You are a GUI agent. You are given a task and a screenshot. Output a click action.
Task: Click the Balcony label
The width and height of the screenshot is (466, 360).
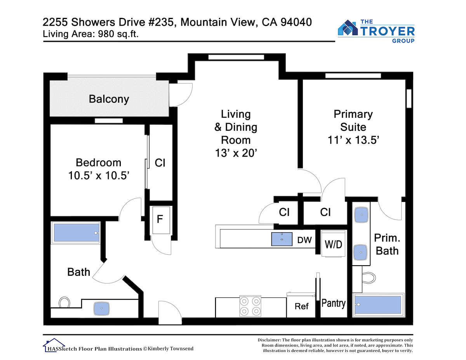coord(109,99)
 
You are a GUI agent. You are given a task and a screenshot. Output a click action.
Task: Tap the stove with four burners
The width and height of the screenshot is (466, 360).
coord(250,306)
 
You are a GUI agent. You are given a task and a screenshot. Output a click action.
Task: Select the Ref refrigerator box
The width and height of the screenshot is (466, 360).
coord(301,306)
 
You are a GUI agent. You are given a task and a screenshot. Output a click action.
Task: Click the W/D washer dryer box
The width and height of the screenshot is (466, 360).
coord(333,243)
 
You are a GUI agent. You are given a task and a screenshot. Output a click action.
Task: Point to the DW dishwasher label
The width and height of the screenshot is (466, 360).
coord(304,240)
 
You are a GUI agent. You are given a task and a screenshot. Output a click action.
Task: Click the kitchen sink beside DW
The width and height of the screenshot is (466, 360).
coord(282,239)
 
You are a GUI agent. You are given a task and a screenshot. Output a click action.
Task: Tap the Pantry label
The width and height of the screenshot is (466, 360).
coord(334,303)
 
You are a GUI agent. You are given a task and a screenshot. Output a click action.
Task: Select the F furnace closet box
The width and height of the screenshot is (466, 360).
coord(161,220)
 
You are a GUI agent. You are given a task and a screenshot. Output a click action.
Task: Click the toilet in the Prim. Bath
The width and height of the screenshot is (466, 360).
coord(369,278)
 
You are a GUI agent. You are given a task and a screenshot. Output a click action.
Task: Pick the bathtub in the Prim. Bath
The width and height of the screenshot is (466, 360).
coord(379,305)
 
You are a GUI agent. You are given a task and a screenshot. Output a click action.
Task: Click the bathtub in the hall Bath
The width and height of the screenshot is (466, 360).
coord(76,233)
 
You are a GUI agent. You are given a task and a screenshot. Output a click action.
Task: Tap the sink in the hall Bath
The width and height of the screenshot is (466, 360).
coord(101,308)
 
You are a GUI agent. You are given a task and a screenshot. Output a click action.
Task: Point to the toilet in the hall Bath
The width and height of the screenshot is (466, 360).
coord(64,302)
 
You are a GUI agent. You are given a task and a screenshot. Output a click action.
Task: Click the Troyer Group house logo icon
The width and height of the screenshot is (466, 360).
coord(348,28)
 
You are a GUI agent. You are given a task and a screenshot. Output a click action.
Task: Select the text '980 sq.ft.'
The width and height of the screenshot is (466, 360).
coord(118,34)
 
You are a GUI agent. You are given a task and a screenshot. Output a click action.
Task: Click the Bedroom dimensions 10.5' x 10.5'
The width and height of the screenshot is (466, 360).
coord(99,176)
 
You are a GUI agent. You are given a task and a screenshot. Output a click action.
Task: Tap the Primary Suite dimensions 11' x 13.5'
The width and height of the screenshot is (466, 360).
coord(353,140)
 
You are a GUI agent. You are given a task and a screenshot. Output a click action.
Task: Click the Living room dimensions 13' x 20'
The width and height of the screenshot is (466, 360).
coord(236,153)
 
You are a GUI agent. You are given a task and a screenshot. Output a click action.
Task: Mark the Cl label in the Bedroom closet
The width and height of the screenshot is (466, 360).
coord(160,163)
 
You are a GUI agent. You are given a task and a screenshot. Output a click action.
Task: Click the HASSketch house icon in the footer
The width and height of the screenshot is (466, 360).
coord(54,345)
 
